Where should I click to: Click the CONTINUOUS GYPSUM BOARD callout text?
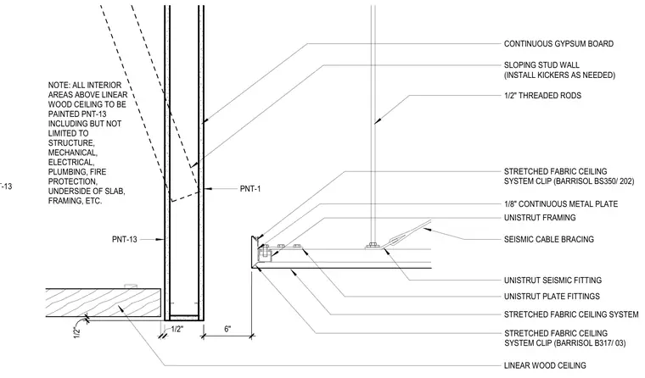(558, 44)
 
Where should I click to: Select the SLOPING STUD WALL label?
(541, 65)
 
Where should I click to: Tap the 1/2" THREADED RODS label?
(542, 96)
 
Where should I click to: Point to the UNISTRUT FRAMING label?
(540, 218)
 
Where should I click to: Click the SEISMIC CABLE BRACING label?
(549, 239)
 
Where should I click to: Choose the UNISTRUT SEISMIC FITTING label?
(552, 281)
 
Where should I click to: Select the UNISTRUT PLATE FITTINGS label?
(552, 297)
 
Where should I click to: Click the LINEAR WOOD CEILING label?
(545, 365)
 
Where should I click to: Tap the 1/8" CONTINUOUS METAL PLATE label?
(561, 203)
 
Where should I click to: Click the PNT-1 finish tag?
(250, 189)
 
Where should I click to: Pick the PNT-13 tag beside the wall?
(124, 239)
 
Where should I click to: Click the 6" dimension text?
(227, 329)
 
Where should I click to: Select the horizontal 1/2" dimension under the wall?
(177, 329)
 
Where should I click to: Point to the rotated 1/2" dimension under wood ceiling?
(77, 332)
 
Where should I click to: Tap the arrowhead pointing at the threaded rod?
(377, 121)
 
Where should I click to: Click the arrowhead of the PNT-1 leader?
(208, 189)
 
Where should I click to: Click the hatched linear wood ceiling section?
(103, 303)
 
